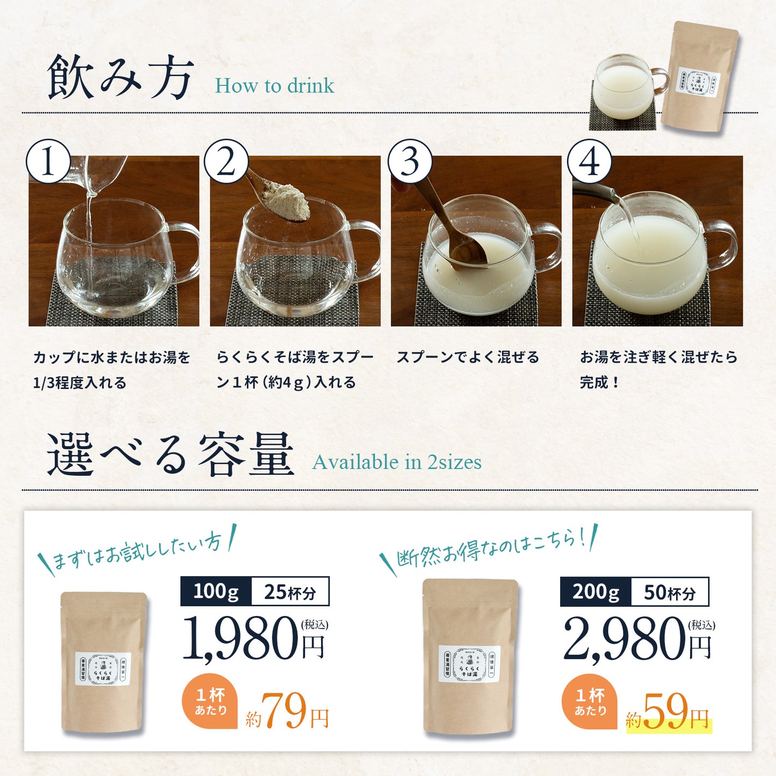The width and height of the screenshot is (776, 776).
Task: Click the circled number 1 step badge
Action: [x=48, y=162]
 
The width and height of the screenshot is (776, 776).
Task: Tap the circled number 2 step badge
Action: [x=226, y=162]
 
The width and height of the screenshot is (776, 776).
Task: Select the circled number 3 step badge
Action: [x=410, y=162]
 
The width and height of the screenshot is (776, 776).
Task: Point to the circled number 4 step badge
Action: [x=590, y=162]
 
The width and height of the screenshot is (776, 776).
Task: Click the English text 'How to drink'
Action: [x=274, y=86]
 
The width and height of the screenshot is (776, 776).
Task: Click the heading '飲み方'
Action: [x=120, y=78]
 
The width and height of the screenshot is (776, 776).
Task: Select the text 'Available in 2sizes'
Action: [x=397, y=462]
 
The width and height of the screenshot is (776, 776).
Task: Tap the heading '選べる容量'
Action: [x=170, y=455]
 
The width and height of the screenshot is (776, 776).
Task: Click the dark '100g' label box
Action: [x=216, y=592]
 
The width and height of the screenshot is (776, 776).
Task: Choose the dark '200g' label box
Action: [x=596, y=592]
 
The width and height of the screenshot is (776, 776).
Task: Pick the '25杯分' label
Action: [x=290, y=592]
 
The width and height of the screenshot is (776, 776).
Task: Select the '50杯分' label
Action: [x=670, y=592]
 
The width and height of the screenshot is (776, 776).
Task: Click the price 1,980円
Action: [x=253, y=639]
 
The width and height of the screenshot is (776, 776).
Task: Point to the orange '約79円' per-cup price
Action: [x=287, y=712]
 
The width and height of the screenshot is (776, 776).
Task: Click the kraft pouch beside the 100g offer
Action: [x=104, y=662]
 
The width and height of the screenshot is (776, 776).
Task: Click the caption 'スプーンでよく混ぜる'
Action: [x=468, y=358]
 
